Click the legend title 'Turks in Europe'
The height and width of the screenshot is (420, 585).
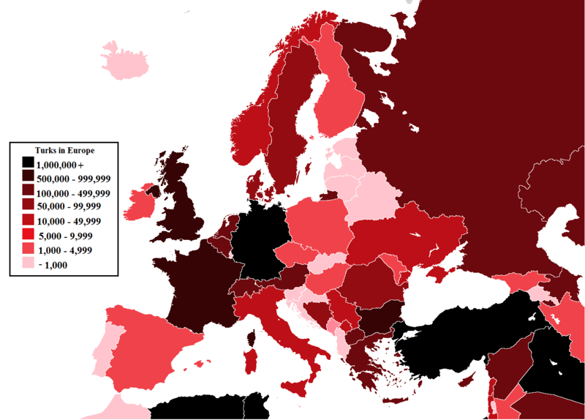pyautogui.click(x=65, y=150)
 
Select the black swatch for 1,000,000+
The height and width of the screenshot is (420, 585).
pyautogui.click(x=27, y=164)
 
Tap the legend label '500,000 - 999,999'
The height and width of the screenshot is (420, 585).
pyautogui.click(x=72, y=179)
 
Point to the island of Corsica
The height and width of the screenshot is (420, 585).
pyautogui.click(x=254, y=338)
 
